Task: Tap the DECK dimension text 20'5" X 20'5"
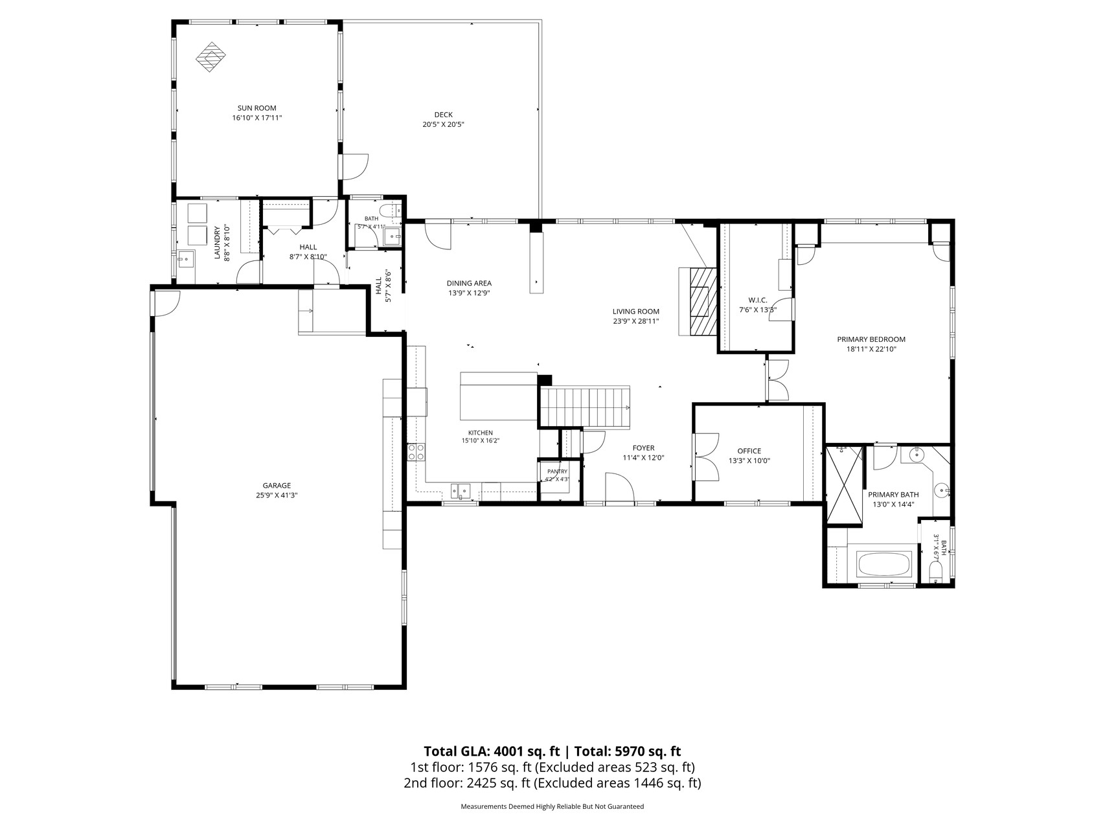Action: coord(444,124)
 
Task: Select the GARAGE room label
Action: coord(277,485)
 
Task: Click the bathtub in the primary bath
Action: coord(885,564)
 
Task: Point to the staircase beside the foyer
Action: coord(585,407)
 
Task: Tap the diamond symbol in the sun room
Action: coord(212,57)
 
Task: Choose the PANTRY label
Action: coord(557,471)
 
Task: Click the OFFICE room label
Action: coord(749,451)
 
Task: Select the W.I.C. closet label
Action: coord(758,300)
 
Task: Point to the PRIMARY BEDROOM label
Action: coord(871,339)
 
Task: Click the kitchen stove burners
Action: coord(416,451)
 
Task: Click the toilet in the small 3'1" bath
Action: coord(935,572)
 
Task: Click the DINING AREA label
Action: coord(469,283)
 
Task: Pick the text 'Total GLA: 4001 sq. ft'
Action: coord(491,752)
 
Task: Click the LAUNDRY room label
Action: coord(218,242)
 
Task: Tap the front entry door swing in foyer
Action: coord(619,487)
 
